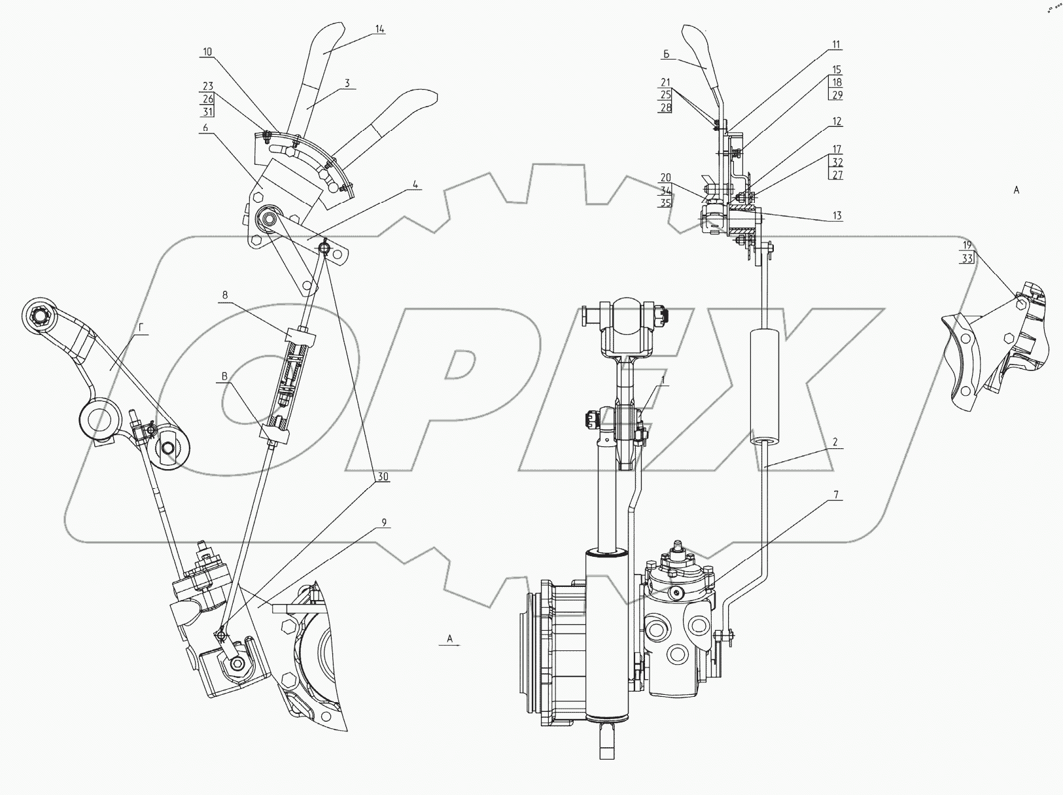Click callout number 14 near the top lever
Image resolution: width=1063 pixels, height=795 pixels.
point(379,29)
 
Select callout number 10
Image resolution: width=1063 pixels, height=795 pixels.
point(207,52)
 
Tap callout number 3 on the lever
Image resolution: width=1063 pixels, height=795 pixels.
point(347,83)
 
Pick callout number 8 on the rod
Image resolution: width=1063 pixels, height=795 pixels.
point(225,295)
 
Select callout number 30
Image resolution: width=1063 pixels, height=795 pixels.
point(383,477)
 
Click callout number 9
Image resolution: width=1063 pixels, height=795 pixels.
point(384,522)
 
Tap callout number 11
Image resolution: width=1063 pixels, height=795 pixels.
point(836,44)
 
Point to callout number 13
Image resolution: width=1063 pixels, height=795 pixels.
point(837,215)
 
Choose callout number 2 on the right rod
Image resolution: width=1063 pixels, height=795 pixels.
point(835,442)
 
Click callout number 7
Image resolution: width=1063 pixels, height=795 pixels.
point(836,495)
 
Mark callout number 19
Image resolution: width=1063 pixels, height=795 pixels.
point(967,245)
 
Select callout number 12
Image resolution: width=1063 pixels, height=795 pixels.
point(837,121)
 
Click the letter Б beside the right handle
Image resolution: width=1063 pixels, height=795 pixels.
point(667,54)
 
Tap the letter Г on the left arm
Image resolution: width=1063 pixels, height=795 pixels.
point(141,328)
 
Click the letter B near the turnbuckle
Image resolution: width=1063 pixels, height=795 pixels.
point(224,376)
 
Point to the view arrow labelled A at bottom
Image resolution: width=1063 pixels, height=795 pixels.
point(449,645)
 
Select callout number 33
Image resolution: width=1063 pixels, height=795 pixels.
point(967,258)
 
